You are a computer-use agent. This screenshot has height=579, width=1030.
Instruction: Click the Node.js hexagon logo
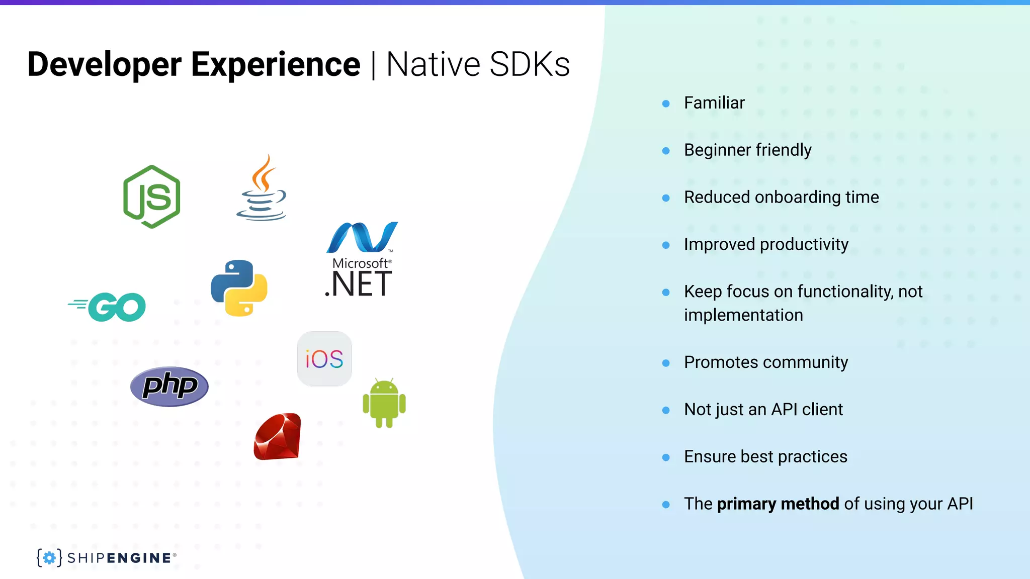(152, 197)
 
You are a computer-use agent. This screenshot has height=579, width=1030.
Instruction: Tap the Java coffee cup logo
(262, 188)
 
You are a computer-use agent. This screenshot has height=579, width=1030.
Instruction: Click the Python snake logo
(239, 288)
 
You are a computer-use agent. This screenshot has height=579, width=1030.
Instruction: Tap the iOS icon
(324, 359)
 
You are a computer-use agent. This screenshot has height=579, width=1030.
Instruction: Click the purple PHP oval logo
(169, 386)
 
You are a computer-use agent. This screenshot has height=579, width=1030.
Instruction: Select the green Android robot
(384, 404)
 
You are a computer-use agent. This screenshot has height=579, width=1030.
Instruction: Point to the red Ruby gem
(278, 437)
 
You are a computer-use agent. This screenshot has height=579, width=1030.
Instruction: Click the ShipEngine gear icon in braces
(49, 557)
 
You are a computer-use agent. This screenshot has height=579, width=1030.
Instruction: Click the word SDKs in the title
(529, 64)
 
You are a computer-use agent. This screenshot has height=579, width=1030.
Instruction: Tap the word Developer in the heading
(104, 64)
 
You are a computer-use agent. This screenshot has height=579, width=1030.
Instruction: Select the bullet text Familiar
(714, 103)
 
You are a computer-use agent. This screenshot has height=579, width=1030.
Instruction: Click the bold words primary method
(778, 504)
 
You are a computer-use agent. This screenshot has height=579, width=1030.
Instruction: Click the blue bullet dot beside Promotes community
(666, 363)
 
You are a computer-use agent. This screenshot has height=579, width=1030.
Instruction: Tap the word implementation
(743, 315)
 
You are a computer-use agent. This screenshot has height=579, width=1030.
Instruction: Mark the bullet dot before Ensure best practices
(666, 457)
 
